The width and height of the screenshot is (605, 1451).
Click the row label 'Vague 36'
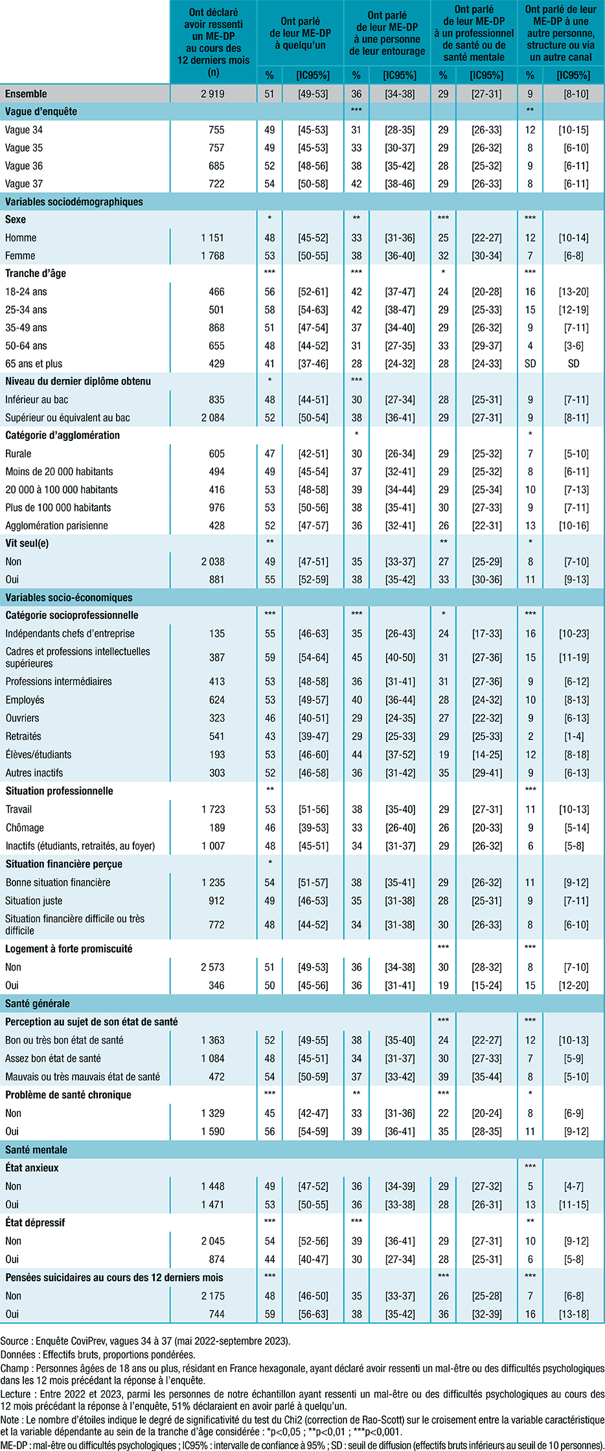pos(24,166)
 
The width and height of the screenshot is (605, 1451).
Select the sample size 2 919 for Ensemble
pos(212,94)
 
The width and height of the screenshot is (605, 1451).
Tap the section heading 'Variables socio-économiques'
pos(69,598)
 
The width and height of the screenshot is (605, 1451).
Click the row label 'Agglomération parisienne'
pos(57,526)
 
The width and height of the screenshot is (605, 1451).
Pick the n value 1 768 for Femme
pos(212,256)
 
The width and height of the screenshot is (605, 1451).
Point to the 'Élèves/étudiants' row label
pos(39,754)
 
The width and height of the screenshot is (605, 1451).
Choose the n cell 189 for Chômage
pos(216,827)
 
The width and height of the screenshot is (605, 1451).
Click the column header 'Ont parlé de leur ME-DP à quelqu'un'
pos(300,34)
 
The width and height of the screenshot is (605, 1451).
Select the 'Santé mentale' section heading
pos(36,1150)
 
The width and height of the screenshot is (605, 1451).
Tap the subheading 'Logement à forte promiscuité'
pos(69,949)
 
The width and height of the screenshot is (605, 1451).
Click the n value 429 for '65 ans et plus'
pos(216,364)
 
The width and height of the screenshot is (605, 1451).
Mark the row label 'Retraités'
pos(23,736)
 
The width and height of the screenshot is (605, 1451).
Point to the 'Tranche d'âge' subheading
pos(36,273)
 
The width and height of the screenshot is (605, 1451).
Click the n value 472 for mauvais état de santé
pos(216,1077)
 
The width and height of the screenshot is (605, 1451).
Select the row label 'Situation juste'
pos(34,901)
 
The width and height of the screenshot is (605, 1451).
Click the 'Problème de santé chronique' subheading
pos(68,1095)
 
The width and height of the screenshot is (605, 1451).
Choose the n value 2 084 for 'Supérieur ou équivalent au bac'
pos(212,418)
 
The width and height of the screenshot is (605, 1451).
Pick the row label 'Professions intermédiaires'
pos(59,681)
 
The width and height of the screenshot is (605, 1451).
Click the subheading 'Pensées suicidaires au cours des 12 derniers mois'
pos(114,1277)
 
